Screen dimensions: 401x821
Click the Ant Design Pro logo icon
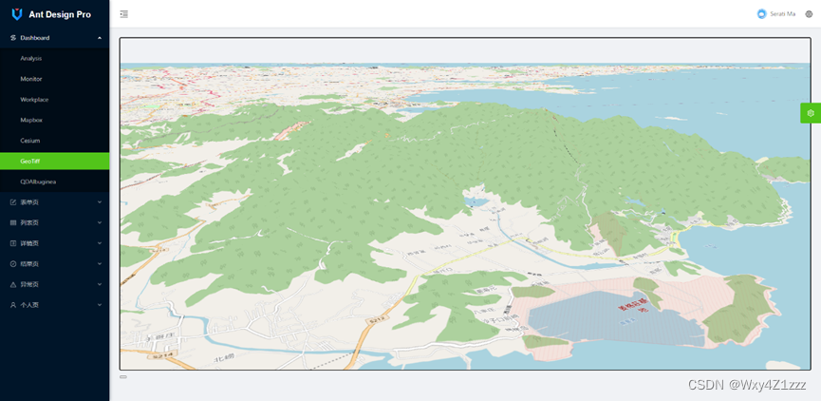point(16,14)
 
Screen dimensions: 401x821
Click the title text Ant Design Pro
point(60,14)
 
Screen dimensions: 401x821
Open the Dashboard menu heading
point(35,38)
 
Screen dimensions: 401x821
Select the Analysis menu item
point(31,59)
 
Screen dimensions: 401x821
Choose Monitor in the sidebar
point(31,79)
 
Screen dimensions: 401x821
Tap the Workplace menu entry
point(34,100)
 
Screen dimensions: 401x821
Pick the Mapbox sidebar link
point(31,120)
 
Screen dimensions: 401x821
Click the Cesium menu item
point(30,141)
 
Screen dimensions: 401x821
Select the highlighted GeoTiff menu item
point(30,162)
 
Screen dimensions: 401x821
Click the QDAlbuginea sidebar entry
point(38,181)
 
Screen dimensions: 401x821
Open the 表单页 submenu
point(29,202)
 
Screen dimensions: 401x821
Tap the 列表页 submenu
point(29,222)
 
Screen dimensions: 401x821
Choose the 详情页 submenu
point(29,243)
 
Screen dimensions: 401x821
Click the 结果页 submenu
point(29,264)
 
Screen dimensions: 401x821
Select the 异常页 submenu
point(29,284)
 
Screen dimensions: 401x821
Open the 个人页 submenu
point(29,305)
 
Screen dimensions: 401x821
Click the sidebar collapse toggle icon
point(124,14)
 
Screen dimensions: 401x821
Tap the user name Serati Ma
point(783,14)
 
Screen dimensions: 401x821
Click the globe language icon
point(809,14)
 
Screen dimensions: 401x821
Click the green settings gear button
point(811,113)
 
